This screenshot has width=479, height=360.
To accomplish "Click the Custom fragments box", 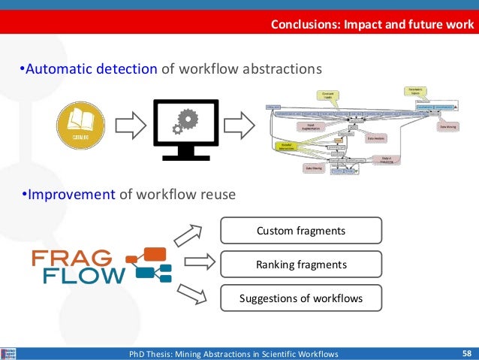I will click(300, 231).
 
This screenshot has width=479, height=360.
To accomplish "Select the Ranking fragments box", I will click(300, 265).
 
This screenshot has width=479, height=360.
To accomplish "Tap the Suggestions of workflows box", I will click(300, 298).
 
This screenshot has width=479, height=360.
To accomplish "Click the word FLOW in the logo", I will click(83, 277).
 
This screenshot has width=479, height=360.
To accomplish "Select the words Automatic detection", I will click(91, 70).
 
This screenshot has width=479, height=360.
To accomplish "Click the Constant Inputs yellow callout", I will click(327, 95).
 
